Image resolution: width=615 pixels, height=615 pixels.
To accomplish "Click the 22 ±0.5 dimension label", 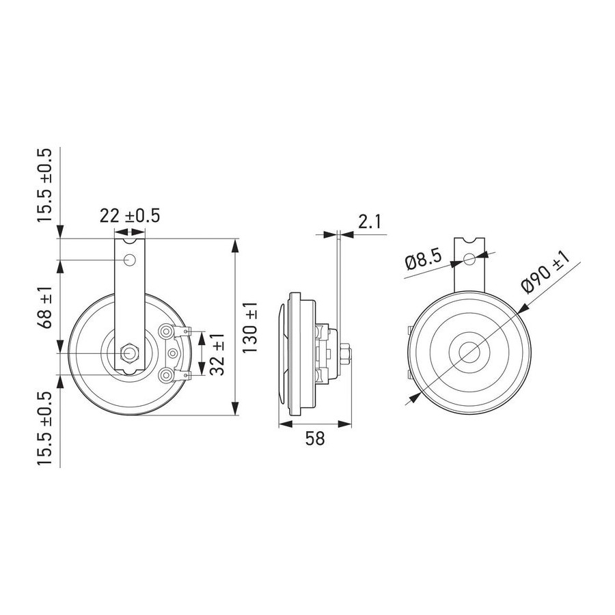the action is point(129,216).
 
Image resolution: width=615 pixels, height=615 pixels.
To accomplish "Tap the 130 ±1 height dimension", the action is point(249,327).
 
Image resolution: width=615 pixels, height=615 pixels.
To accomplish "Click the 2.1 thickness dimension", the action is point(369,222).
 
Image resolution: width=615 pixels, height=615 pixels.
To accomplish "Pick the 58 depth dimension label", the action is point(315,439).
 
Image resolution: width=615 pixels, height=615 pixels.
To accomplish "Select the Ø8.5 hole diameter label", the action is point(424,259).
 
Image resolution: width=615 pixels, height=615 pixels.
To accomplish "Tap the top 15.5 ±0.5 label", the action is point(44,185).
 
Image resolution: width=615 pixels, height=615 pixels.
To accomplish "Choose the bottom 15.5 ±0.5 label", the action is point(44,428).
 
